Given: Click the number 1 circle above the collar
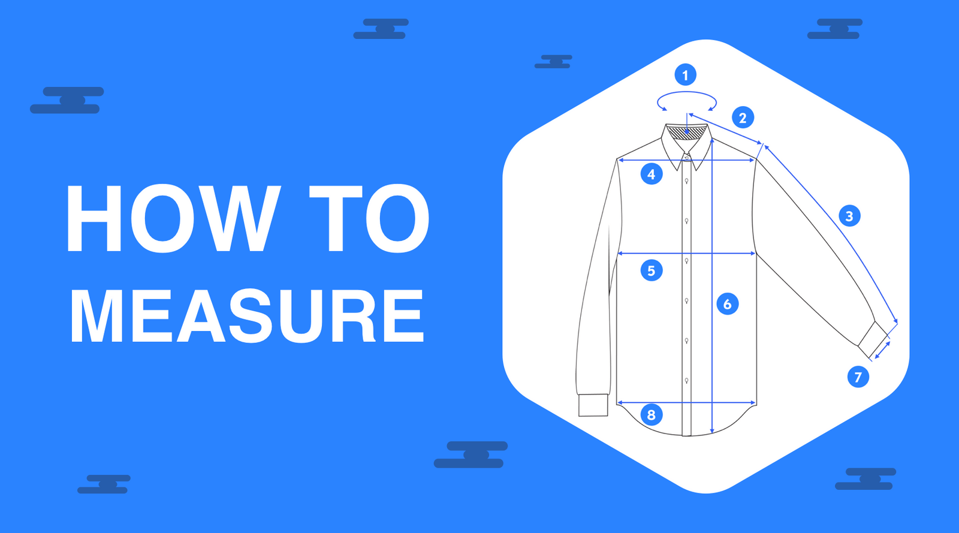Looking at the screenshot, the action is tap(685, 75).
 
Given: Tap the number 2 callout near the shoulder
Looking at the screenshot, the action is tap(743, 118).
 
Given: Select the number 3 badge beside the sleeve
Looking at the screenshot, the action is tap(849, 216).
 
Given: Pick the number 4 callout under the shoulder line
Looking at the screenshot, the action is tap(652, 174).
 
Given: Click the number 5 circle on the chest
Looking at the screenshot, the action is tap(652, 270).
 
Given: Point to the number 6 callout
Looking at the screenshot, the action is tap(728, 304).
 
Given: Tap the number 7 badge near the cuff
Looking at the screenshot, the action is tap(858, 377).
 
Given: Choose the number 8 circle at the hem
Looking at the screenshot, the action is tap(652, 414).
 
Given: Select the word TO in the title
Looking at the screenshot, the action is tap(369, 219).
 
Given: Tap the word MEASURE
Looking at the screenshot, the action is tap(247, 316).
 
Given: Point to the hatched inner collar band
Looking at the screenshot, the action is tap(686, 133).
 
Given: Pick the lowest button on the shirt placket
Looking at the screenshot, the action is tap(687, 380).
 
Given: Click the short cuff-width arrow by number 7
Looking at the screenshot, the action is tap(882, 350).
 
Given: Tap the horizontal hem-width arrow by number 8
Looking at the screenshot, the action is tap(686, 402).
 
